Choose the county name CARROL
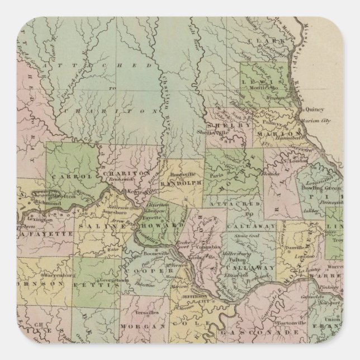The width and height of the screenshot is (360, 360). pos(70,177)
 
